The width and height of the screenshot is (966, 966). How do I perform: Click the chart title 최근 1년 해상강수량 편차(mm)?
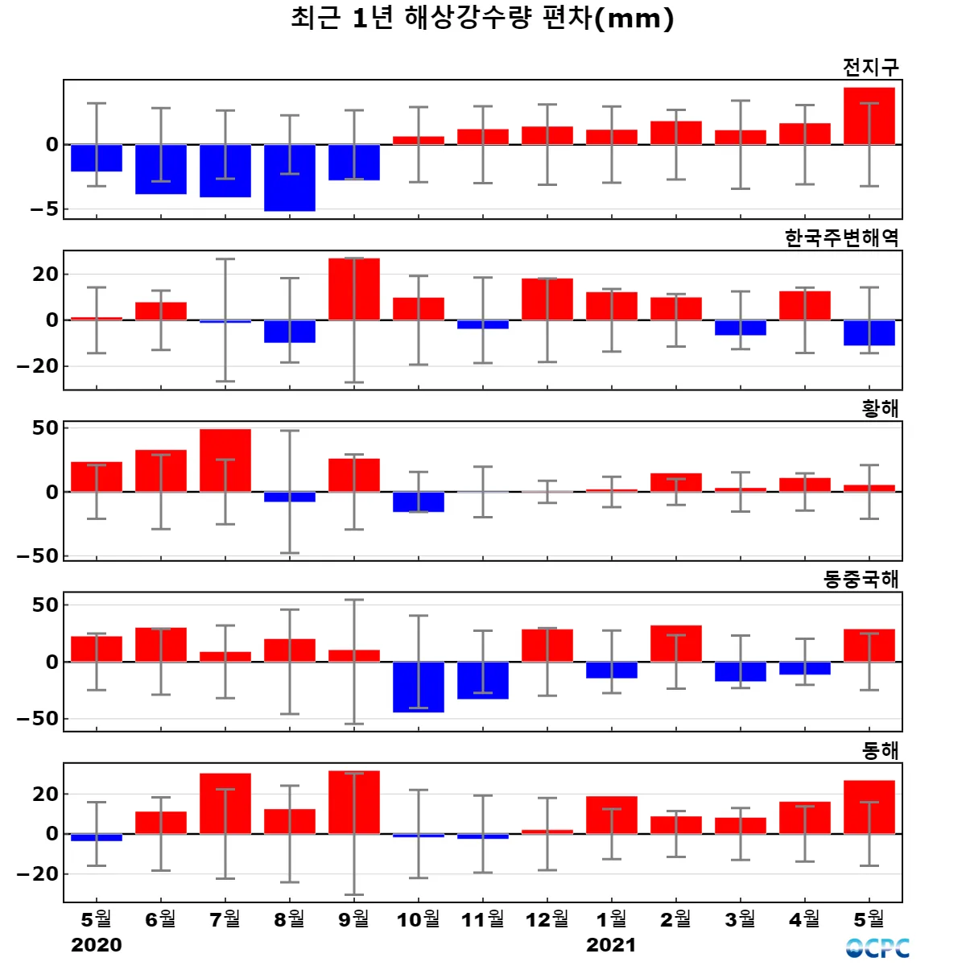click(482, 19)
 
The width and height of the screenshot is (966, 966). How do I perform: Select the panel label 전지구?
click(870, 67)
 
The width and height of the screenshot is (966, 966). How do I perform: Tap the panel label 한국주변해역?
click(841, 237)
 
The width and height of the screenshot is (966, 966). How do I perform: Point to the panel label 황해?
click(880, 409)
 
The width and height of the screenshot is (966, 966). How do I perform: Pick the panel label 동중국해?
click(861, 580)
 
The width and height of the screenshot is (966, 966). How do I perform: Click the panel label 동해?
click(880, 751)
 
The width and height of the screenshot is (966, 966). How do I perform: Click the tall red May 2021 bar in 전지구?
click(869, 116)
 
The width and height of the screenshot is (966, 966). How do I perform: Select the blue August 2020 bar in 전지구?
click(290, 178)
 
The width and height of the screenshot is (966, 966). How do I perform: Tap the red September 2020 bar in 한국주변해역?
click(354, 289)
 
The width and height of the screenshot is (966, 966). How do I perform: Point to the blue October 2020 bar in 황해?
click(419, 502)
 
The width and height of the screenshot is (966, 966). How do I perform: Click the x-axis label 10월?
click(419, 919)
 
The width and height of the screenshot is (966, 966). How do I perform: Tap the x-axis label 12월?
click(547, 919)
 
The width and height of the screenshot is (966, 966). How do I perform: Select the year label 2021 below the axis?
click(611, 945)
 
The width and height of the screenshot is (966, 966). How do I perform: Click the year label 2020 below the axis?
click(97, 945)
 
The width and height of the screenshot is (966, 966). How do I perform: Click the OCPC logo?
click(877, 948)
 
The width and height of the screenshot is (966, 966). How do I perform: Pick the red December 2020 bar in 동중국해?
click(547, 646)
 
